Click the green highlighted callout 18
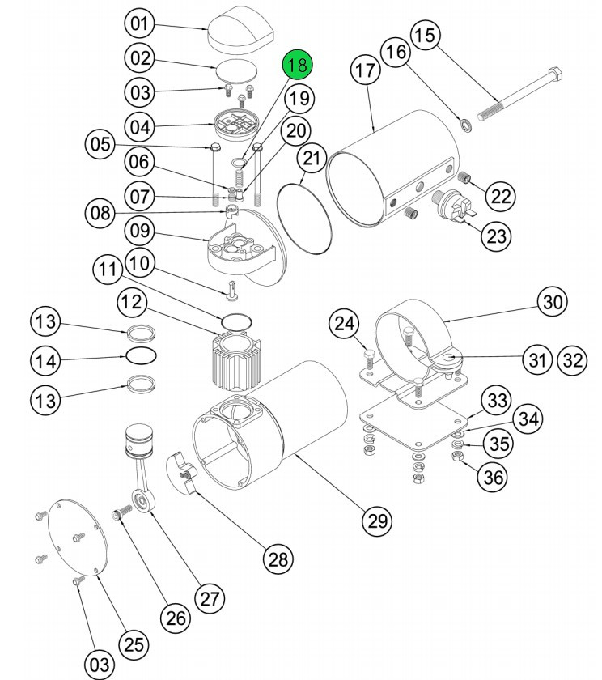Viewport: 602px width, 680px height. click(x=298, y=64)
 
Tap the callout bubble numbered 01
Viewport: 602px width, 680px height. click(x=139, y=23)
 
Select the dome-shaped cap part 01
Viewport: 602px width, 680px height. click(x=240, y=27)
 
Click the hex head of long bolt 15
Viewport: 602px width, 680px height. click(x=556, y=75)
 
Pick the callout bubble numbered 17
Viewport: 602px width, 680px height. click(x=366, y=70)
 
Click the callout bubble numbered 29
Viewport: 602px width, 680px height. click(x=378, y=520)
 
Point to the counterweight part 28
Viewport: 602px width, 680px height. click(x=181, y=473)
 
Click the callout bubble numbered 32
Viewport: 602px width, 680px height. click(x=572, y=360)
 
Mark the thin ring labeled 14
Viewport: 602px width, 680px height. click(x=142, y=356)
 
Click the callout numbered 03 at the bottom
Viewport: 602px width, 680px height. click(x=100, y=664)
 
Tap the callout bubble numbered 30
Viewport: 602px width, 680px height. click(x=553, y=302)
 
